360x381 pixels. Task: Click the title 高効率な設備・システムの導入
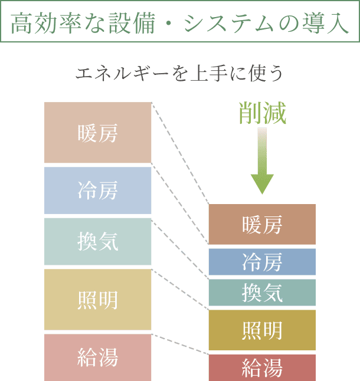point(179,24)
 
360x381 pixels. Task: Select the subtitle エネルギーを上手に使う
point(180,73)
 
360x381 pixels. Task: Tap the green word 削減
point(262,113)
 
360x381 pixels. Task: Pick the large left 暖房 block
point(98,133)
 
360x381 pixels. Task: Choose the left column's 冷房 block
point(98,190)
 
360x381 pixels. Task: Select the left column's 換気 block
point(98,241)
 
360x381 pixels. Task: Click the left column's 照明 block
point(98,300)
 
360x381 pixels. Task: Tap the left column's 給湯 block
point(98,357)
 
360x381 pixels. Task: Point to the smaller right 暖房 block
point(262,224)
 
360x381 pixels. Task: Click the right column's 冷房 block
point(262,262)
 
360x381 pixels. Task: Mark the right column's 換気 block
point(262,293)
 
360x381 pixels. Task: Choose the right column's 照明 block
point(262,330)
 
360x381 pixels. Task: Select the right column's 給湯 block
point(262,367)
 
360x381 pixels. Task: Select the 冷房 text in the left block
point(98,190)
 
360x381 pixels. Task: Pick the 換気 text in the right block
point(262,293)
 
